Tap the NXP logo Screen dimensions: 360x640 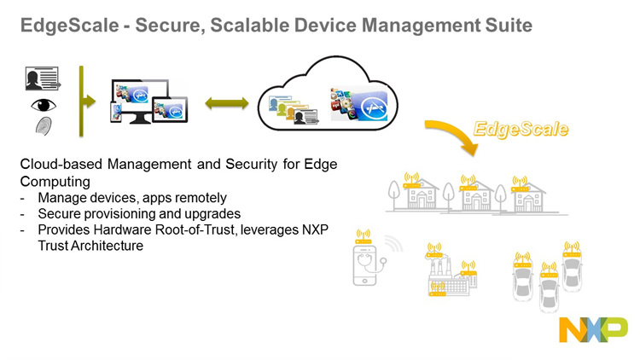coord(592,330)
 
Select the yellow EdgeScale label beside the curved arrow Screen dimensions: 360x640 coord(522,131)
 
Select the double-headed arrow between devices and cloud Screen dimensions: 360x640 coord(226,103)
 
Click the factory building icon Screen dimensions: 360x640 coord(448,275)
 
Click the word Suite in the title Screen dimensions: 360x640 coord(509,26)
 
